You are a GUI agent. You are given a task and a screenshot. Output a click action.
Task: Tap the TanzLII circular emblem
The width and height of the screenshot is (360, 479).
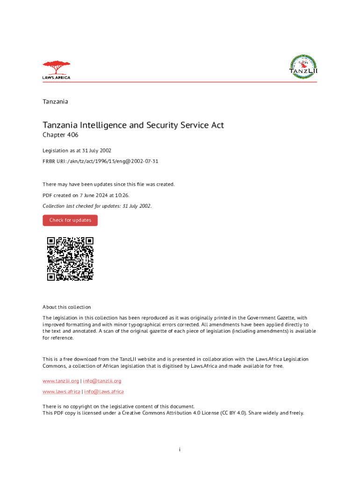(x=303, y=68)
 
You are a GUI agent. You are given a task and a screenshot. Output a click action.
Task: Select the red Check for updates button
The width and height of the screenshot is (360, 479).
(x=70, y=220)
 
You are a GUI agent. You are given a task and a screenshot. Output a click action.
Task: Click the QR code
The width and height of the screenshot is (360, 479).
(x=70, y=259)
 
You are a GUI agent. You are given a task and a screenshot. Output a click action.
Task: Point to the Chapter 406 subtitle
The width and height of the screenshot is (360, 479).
(x=61, y=135)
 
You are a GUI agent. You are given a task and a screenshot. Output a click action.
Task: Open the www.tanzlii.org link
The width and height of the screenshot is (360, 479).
(x=60, y=381)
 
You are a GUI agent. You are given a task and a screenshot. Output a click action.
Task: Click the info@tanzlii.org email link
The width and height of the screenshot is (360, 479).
(x=102, y=381)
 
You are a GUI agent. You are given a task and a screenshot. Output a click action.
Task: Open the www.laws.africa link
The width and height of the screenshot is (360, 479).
(x=61, y=392)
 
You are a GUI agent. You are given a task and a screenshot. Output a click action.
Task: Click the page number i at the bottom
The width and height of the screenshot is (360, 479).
(x=180, y=450)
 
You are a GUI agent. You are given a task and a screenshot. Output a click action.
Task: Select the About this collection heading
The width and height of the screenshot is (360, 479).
(x=67, y=307)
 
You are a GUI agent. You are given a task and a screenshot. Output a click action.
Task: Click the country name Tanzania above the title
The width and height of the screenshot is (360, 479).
(x=55, y=102)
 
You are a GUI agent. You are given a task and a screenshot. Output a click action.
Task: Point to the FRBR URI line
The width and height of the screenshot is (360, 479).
(x=101, y=161)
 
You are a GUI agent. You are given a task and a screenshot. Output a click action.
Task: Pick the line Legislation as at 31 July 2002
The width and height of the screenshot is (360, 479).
(x=77, y=150)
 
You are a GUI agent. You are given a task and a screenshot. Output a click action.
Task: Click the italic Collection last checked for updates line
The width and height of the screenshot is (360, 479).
(x=97, y=206)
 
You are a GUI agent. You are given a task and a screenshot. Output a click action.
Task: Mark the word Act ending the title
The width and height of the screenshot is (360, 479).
(x=217, y=125)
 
